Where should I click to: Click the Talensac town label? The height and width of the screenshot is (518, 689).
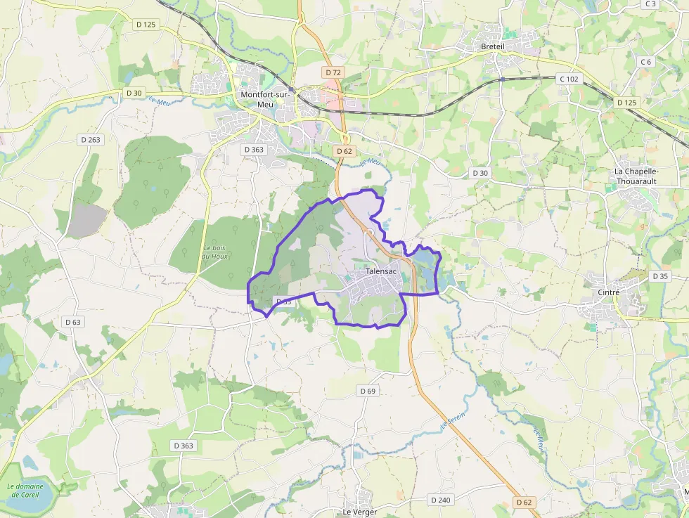coord(381,271)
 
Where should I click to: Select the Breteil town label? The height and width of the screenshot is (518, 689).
coord(493,46)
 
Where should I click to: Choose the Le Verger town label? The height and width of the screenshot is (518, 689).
coord(360,512)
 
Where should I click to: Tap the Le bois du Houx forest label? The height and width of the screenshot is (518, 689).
coord(215,252)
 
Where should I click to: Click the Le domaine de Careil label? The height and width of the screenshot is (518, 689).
coord(25,490)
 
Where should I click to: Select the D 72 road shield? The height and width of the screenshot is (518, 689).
coord(333,72)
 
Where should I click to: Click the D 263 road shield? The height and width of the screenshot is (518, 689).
coord(91,139)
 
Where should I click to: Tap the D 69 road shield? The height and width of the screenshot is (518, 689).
coord(368,391)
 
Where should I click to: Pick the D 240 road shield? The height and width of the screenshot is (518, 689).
coord(439,500)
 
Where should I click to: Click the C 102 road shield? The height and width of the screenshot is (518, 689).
coord(568,79)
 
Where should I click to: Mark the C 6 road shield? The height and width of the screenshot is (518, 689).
coord(646,62)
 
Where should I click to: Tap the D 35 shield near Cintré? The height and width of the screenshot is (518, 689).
coord(660,276)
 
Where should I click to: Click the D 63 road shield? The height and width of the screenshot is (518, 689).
coord(73,322)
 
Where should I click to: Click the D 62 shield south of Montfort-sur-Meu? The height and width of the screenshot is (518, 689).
coord(344,151)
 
